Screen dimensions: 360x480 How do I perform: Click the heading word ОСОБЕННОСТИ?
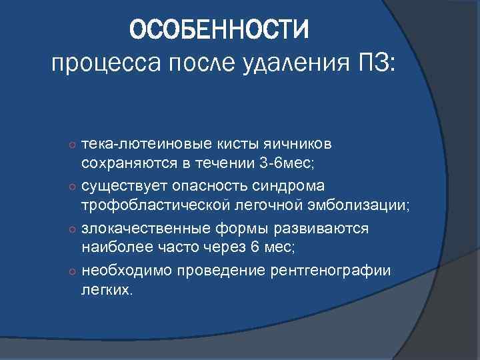point(219,29)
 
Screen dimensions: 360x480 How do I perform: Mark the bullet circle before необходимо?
point(71,270)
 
